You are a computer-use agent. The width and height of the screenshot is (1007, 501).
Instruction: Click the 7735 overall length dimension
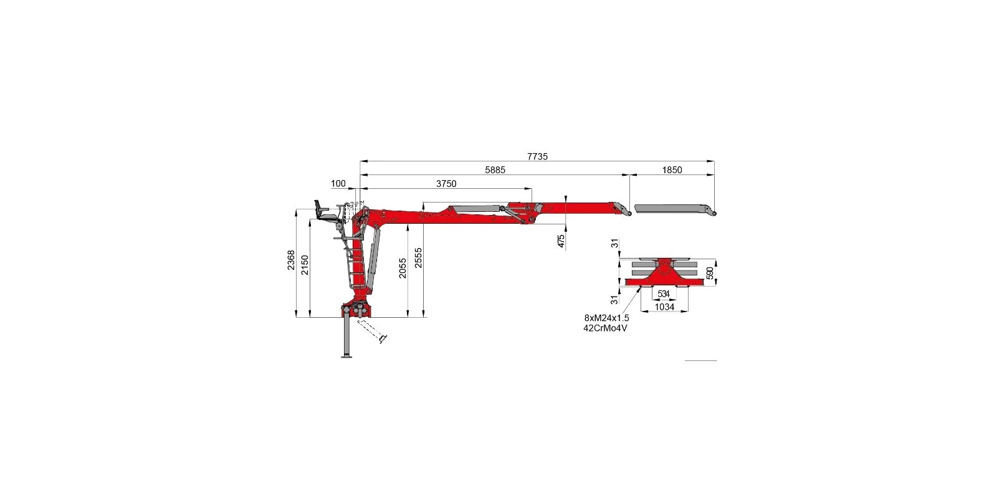pos(537,156)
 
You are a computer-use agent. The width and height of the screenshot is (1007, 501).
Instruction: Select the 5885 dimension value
pos(495,169)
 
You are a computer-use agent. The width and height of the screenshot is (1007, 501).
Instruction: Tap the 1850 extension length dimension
pos(672,169)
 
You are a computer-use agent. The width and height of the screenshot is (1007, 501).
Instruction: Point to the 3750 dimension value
pos(446,184)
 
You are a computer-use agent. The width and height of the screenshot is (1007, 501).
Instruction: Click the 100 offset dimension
pos(338,184)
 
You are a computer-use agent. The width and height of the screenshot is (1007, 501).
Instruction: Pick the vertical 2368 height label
pos(291,260)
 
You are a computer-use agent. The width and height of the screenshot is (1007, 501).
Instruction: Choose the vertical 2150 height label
pos(305,265)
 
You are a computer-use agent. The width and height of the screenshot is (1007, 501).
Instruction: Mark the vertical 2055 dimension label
pos(403,268)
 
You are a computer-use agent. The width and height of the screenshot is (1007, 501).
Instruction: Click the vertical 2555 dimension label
pos(419,258)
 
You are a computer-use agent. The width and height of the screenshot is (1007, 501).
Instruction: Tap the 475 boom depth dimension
pos(561,241)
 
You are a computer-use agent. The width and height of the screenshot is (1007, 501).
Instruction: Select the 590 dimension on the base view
pos(709,273)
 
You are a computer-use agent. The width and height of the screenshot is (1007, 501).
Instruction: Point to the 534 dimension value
pos(663,293)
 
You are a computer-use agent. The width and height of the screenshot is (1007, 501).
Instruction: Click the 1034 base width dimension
pos(664,307)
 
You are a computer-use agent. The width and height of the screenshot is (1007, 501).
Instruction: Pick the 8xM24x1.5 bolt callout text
pos(606,318)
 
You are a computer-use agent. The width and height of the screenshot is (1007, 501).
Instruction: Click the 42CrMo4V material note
pos(605,328)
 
